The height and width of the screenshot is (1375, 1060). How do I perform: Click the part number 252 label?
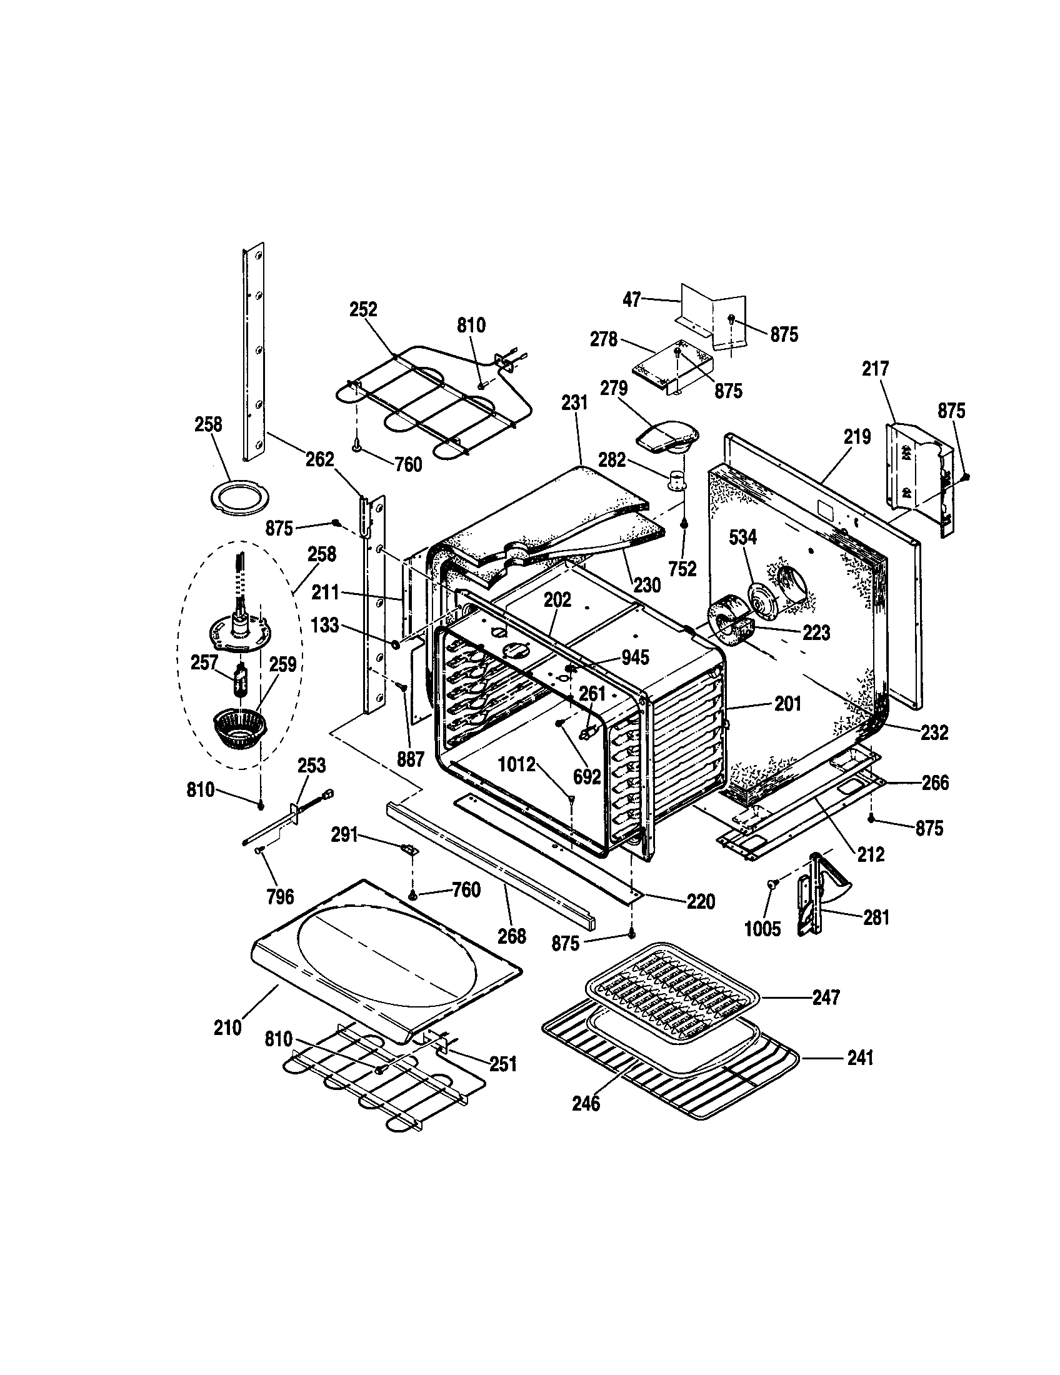pyautogui.click(x=363, y=309)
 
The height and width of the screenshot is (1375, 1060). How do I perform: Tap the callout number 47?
pyautogui.click(x=631, y=300)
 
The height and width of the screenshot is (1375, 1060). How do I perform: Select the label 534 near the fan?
pyautogui.click(x=742, y=537)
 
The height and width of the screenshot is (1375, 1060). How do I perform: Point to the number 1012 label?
pyautogui.click(x=516, y=765)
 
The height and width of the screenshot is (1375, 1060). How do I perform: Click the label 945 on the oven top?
pyautogui.click(x=635, y=657)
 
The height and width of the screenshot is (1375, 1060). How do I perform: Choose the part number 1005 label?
pyautogui.click(x=762, y=929)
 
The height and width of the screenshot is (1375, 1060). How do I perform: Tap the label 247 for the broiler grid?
pyautogui.click(x=825, y=997)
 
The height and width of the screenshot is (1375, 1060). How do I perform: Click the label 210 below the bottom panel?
pyautogui.click(x=227, y=1028)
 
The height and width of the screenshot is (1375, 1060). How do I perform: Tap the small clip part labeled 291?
pyautogui.click(x=410, y=849)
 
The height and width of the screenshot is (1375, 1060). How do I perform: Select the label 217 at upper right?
pyautogui.click(x=875, y=368)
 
